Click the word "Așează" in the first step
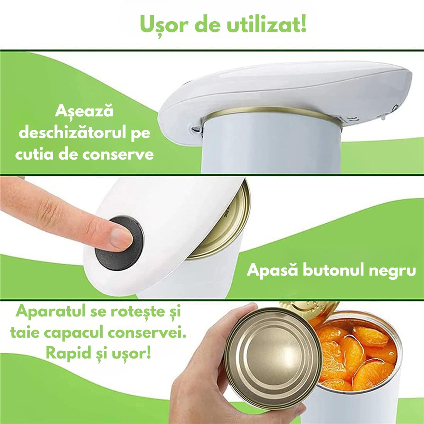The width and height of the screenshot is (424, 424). [x=84, y=111]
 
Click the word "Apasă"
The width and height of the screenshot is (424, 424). [x=272, y=270]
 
